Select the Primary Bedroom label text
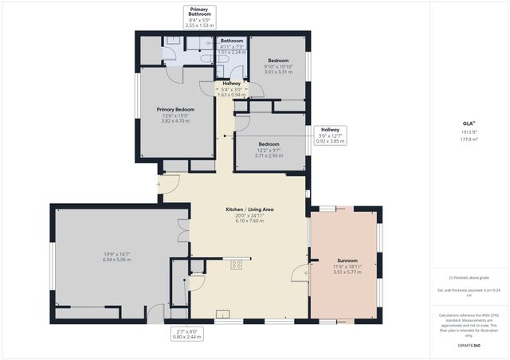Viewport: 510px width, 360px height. coord(176,109)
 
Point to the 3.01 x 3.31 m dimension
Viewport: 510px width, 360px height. coord(279,72)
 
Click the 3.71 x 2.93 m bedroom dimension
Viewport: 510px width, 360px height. coord(269,156)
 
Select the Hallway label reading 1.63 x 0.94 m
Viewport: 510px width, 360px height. coord(232,95)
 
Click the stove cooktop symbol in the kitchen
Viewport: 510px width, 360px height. coord(237,264)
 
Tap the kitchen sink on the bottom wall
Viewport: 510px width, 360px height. coord(222,313)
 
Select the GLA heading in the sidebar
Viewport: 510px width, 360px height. coord(468,123)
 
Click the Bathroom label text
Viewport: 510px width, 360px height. coord(232,41)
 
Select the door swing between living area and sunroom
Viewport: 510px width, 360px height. coord(299,274)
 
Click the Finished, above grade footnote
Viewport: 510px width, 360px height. coord(468,277)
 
